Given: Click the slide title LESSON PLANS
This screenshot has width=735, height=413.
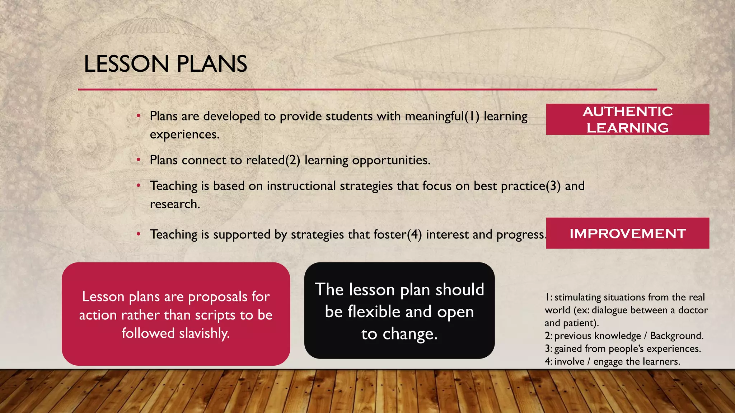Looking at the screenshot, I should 165,64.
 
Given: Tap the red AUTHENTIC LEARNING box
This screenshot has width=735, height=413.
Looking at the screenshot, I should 627,119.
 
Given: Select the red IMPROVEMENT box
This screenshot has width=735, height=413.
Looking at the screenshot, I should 627,233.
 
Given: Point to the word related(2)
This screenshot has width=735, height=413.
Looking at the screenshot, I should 273,160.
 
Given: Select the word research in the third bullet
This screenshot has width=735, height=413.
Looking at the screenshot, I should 174,204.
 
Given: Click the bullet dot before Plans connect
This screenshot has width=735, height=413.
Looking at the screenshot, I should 138,160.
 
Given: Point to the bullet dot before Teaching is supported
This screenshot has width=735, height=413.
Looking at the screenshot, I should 138,234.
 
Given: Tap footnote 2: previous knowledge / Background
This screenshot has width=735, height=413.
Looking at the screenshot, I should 624,336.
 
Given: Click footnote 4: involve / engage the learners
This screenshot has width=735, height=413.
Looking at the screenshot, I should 612,361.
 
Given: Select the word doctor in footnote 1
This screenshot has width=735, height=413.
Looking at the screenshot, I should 693,310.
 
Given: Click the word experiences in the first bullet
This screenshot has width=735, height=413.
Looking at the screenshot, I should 184,135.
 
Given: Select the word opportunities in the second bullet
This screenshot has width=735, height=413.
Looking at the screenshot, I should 391,160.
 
